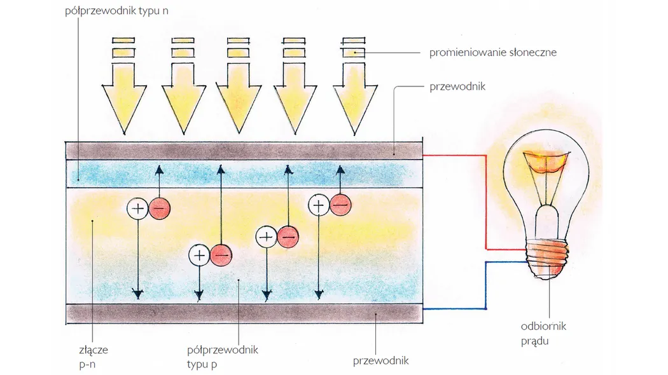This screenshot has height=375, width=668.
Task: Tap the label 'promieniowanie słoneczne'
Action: (x=492, y=52)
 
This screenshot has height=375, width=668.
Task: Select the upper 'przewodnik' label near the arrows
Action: (x=457, y=86)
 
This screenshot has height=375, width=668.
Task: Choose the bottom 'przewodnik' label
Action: (x=380, y=361)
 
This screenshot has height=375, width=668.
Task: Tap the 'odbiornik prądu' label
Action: (x=543, y=333)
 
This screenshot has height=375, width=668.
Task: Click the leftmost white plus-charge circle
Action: (x=137, y=208)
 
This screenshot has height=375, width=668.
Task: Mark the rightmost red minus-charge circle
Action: (x=340, y=205)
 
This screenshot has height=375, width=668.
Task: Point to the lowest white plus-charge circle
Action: (x=199, y=256)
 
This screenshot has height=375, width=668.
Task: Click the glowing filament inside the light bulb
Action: (x=544, y=162)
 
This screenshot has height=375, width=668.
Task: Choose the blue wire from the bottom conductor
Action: (x=487, y=286)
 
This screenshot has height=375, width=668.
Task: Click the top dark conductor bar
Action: (x=244, y=150)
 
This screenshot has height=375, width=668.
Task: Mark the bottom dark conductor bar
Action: (x=244, y=313)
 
